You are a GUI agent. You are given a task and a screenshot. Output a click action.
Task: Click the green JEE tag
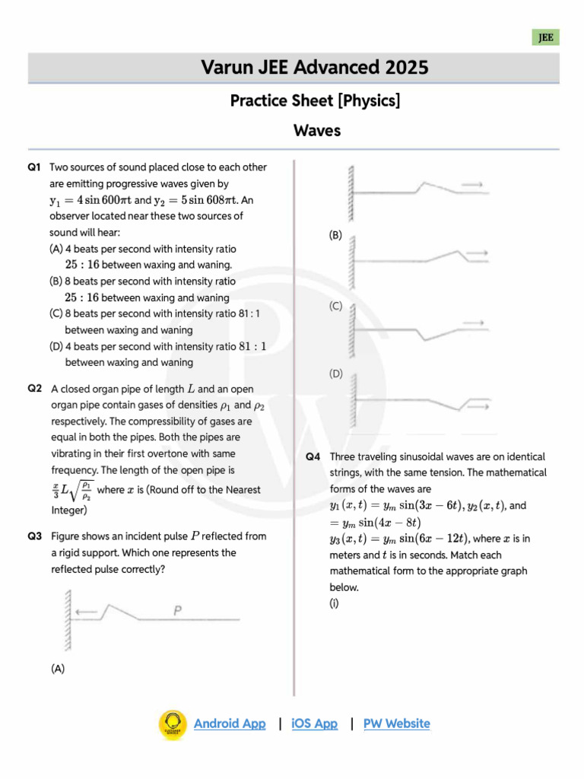(x=546, y=37)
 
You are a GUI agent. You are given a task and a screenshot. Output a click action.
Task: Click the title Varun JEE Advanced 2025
(x=315, y=68)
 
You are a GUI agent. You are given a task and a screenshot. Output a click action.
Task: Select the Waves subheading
(x=317, y=130)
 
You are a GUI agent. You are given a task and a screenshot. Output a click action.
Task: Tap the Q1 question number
(x=34, y=167)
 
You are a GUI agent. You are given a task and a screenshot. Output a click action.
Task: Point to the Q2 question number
(x=34, y=388)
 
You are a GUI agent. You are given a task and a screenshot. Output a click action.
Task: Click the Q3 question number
(x=34, y=536)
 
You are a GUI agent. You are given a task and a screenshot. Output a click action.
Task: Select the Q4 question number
(x=313, y=456)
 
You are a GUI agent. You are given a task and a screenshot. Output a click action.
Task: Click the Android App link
(x=230, y=723)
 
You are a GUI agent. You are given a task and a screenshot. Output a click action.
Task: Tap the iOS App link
(x=314, y=723)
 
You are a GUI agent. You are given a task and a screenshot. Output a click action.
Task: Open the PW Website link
(x=396, y=723)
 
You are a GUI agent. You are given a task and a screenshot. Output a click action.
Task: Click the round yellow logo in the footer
(x=173, y=724)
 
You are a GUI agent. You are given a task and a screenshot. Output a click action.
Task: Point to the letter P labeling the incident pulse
(x=176, y=609)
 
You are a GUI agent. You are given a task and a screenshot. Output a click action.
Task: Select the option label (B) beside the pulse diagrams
(x=336, y=236)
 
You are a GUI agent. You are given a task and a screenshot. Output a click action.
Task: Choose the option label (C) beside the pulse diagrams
(x=336, y=306)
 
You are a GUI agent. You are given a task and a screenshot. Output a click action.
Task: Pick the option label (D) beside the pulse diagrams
(x=336, y=374)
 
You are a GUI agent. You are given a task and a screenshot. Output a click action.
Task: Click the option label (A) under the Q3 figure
(x=58, y=669)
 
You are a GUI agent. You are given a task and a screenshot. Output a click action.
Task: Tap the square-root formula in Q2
(x=72, y=490)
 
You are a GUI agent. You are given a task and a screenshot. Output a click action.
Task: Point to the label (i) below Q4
(x=334, y=603)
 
